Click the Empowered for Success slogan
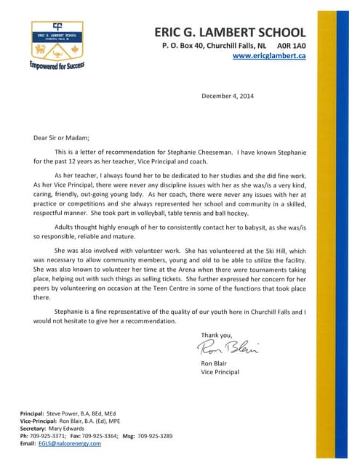click(x=57, y=65)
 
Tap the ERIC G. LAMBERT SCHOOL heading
click(x=230, y=32)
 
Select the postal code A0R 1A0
click(x=290, y=45)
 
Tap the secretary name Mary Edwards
click(x=71, y=429)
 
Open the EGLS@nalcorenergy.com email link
click(x=70, y=443)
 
